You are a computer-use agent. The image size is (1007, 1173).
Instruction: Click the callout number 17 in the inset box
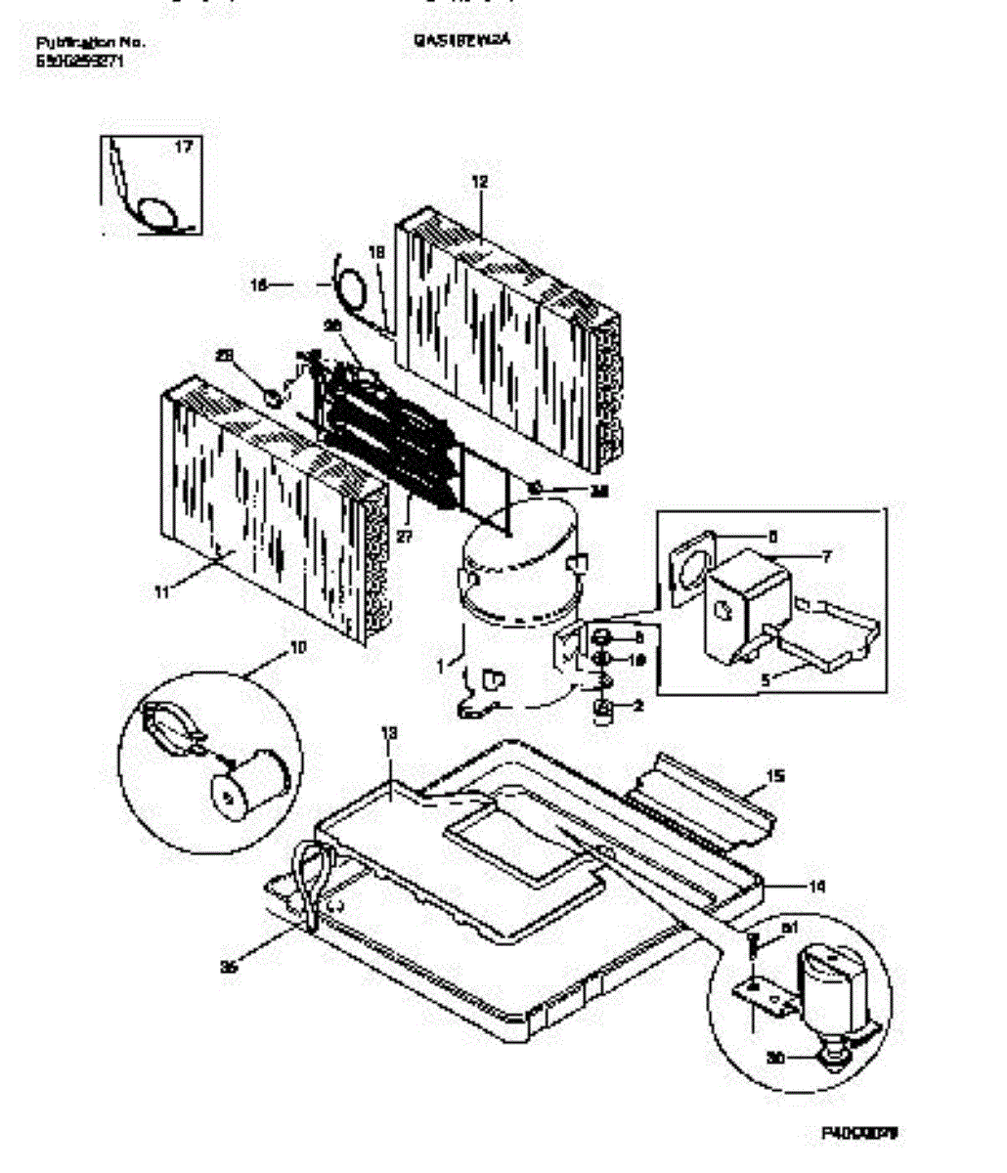tap(183, 147)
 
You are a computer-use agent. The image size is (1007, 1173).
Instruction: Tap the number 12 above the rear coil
tap(478, 182)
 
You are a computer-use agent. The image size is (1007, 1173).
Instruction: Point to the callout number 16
tap(259, 285)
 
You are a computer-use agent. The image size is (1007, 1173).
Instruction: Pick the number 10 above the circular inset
tap(298, 647)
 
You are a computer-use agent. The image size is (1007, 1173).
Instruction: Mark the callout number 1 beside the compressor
tap(441, 665)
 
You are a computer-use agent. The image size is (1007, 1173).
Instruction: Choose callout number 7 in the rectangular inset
tap(826, 557)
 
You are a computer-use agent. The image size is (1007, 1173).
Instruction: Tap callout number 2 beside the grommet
tap(637, 705)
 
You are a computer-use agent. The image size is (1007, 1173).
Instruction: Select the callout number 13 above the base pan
tap(388, 732)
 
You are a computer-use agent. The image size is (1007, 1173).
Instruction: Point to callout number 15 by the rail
tap(775, 777)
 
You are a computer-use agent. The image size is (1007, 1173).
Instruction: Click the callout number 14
tap(817, 886)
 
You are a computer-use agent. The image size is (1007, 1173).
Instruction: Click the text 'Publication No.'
tap(90, 43)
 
